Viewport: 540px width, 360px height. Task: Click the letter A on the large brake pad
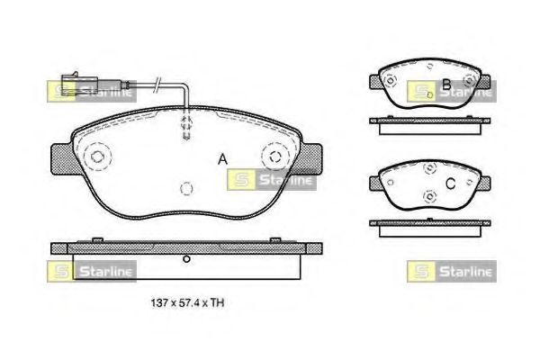[x=221, y=160]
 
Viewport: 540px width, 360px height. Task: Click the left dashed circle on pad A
[x=95, y=158]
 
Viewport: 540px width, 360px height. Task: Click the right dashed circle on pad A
[x=274, y=158]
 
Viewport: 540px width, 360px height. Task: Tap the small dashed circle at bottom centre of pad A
[x=185, y=189]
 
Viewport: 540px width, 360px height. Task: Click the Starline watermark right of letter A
[x=273, y=180]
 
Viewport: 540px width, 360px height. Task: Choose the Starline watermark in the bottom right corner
[x=450, y=270]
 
